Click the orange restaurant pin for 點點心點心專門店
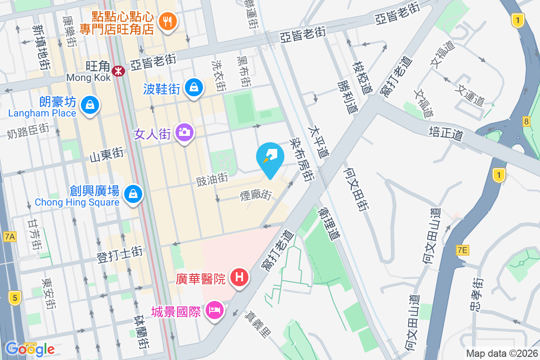pos(168,21)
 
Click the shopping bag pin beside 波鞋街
pos(193,87)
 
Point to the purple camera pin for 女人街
pos(184,132)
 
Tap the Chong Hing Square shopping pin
pos(133,194)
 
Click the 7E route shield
pos(462,250)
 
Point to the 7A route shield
pos(9,236)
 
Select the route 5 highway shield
pos(15,297)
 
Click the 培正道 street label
pos(445,134)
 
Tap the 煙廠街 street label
pos(256,195)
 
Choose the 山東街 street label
pos(107,156)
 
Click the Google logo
pos(30,349)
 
